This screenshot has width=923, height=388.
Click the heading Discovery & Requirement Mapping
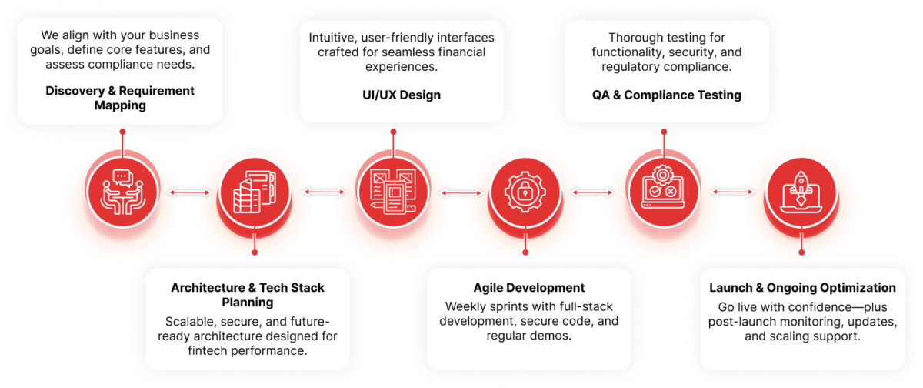click(x=120, y=98)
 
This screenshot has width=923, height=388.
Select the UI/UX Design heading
click(x=393, y=95)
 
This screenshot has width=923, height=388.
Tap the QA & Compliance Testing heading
click(x=666, y=95)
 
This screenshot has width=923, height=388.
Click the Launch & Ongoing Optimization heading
click(x=802, y=288)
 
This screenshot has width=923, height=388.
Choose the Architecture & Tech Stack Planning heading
click(x=247, y=295)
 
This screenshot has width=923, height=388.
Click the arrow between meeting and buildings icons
click(x=188, y=192)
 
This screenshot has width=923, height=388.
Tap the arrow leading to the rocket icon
click(x=732, y=192)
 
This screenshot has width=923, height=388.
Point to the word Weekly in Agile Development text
click(x=460, y=306)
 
